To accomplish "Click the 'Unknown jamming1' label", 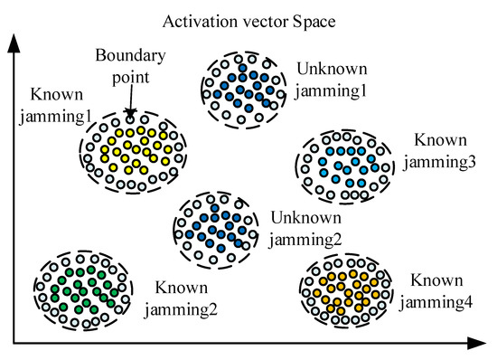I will point(333,78).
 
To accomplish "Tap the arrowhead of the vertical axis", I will point(13,38).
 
